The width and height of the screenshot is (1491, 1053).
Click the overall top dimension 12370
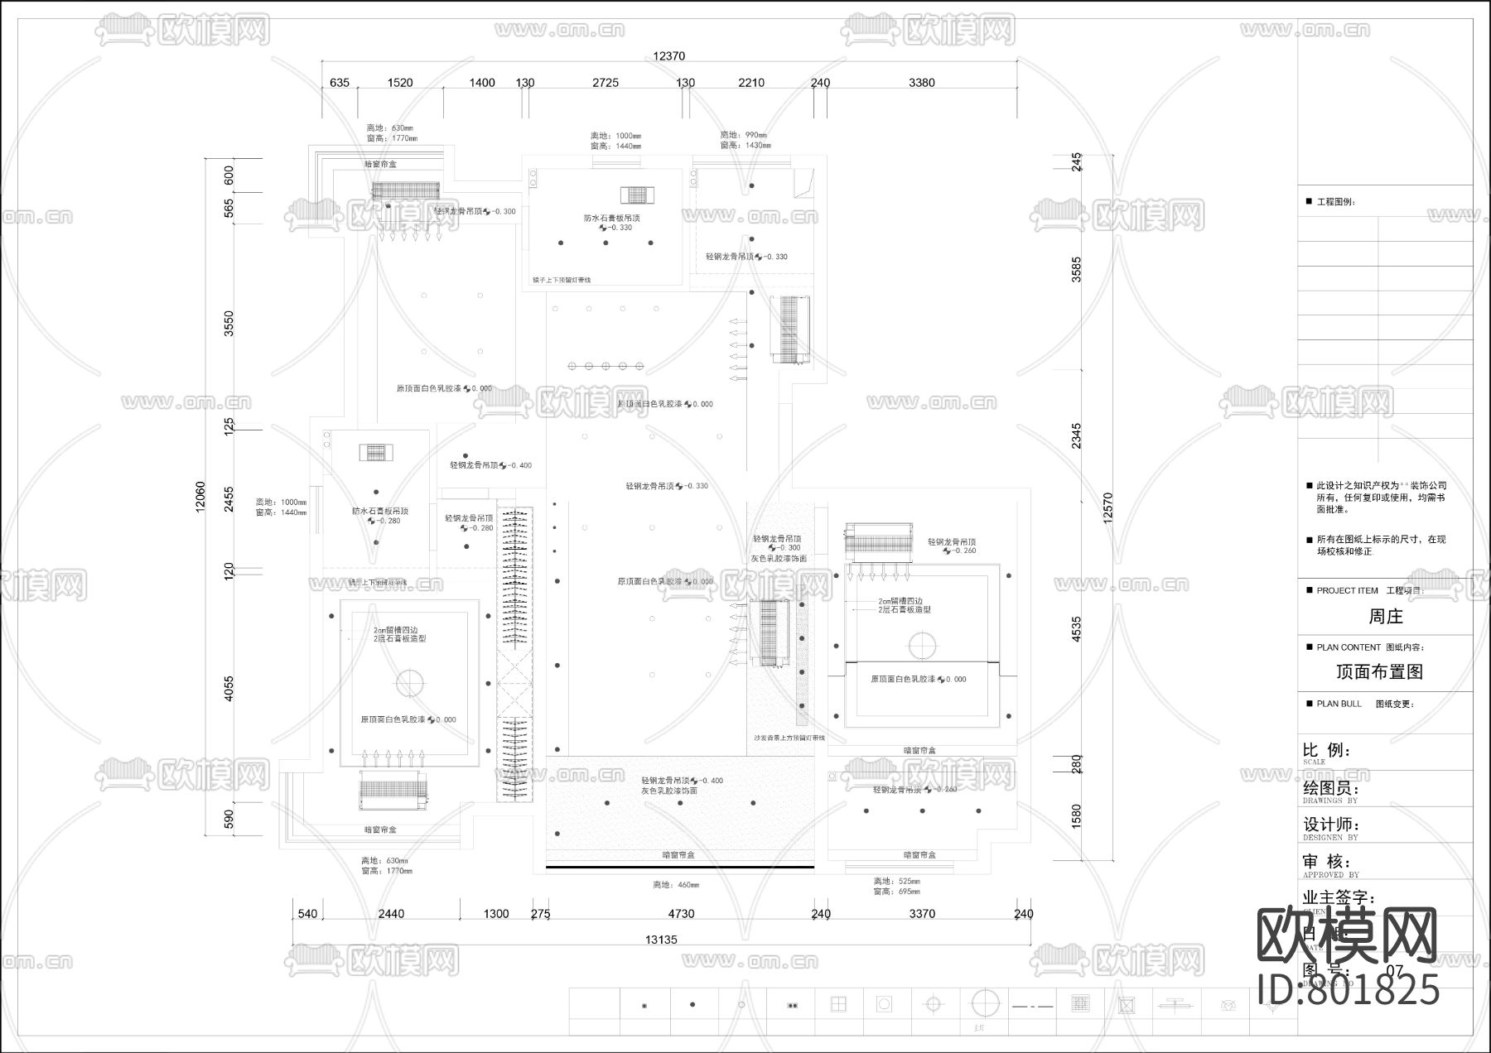[668, 56]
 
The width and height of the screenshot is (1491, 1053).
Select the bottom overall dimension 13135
[661, 940]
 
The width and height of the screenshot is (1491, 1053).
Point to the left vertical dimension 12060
[200, 498]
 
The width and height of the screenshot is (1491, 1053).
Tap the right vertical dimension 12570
[1108, 507]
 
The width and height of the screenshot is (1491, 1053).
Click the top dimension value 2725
[606, 83]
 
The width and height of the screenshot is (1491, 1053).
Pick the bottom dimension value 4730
[681, 914]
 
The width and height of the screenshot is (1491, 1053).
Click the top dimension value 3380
[921, 83]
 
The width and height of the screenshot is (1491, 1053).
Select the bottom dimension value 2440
[391, 914]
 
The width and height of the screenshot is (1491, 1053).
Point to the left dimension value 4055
[229, 689]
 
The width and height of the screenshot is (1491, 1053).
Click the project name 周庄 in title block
[1385, 617]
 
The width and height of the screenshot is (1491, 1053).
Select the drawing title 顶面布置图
[1380, 671]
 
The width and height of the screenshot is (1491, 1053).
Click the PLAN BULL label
[1339, 704]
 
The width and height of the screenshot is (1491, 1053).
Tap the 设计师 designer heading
[1331, 825]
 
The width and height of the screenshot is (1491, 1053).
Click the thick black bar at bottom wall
[679, 868]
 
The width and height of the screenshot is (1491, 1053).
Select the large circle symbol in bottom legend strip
[981, 1003]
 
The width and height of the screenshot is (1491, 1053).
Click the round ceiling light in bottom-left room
[408, 683]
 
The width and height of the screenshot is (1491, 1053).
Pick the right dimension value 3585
[1076, 270]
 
